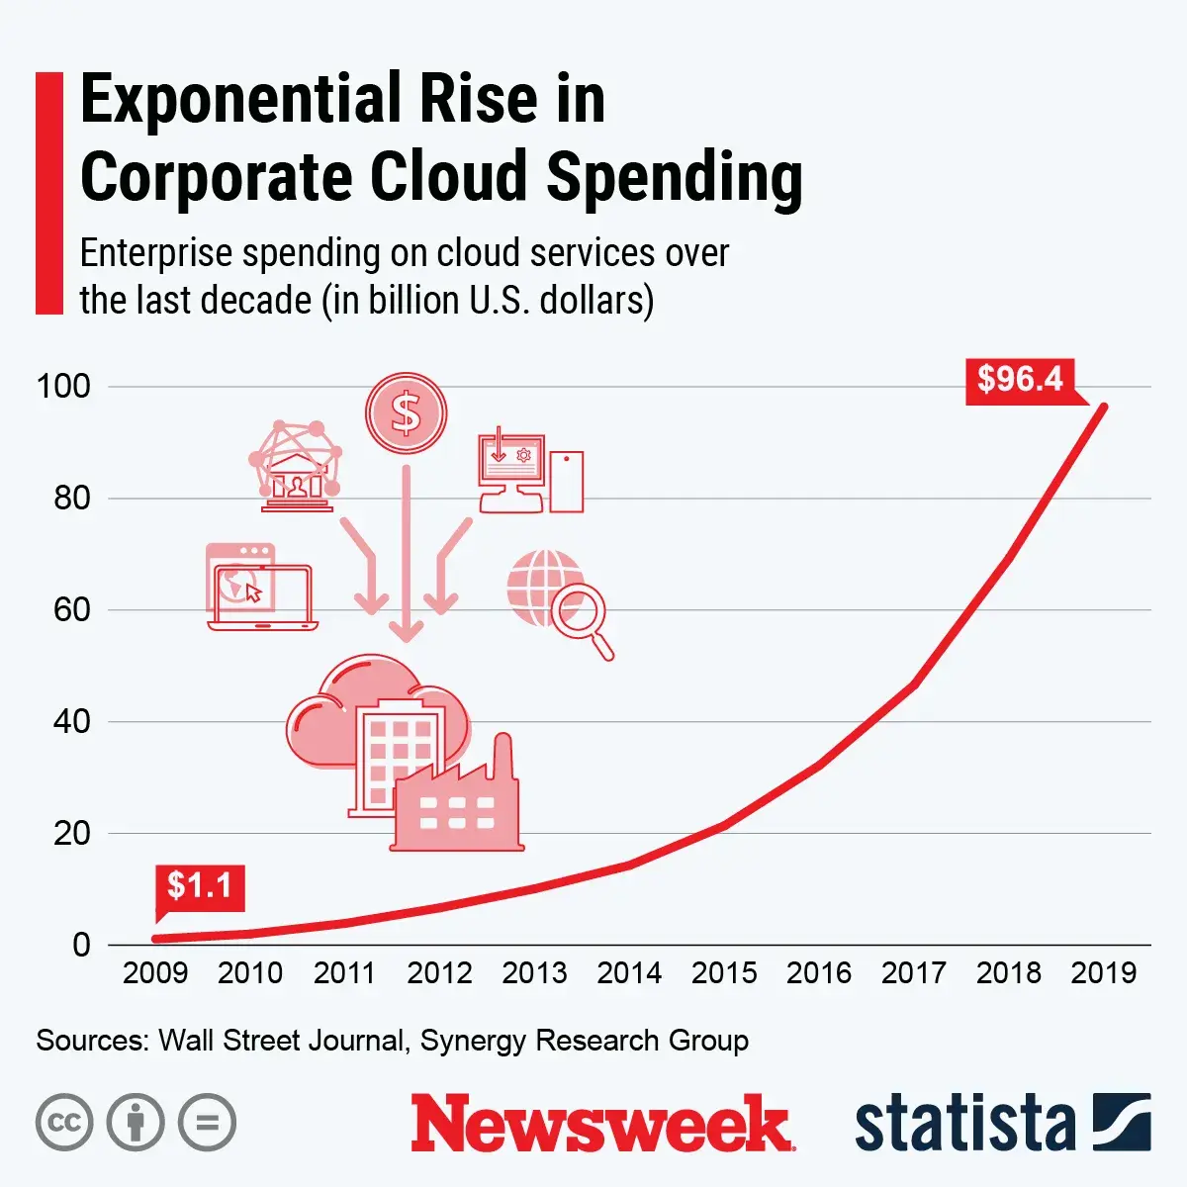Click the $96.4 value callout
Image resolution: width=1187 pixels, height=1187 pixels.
[x=1020, y=379]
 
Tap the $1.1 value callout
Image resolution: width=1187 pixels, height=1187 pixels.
[x=199, y=885]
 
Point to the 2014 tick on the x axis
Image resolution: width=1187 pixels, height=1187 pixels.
[x=629, y=972]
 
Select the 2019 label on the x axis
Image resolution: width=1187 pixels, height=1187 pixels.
[x=1103, y=972]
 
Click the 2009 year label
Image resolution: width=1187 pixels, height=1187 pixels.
[x=155, y=972]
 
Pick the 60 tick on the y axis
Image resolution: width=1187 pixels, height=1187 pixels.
[x=72, y=609]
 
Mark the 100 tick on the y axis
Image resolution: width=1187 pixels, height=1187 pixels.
[x=63, y=386]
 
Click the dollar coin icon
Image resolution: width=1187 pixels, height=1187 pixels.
[x=406, y=413]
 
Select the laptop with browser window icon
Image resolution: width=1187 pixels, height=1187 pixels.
[x=260, y=587]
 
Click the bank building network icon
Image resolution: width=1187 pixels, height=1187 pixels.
[x=295, y=466]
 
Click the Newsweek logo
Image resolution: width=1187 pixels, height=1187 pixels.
[x=602, y=1123]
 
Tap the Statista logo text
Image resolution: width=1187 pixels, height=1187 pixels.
[x=964, y=1123]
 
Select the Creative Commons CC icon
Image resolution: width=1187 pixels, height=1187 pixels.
[x=64, y=1123]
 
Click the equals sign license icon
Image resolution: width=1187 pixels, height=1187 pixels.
[x=207, y=1123]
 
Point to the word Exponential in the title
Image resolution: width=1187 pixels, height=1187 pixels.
[x=234, y=99]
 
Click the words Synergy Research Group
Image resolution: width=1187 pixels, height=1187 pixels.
[x=584, y=1041]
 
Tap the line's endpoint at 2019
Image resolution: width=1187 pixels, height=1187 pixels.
[x=1103, y=407]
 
